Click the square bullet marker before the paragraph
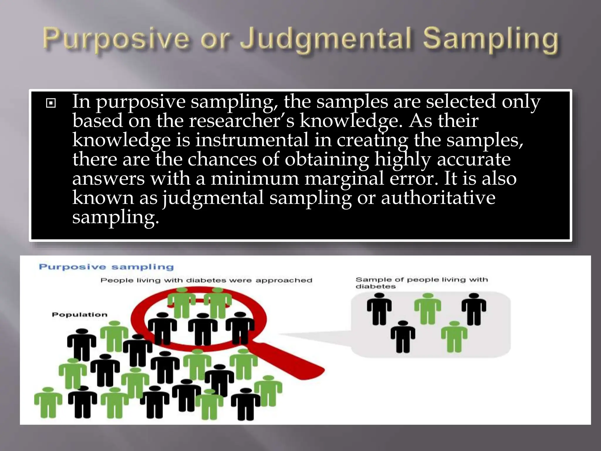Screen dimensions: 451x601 pyautogui.click(x=51, y=103)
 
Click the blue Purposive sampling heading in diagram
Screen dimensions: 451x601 pyautogui.click(x=106, y=267)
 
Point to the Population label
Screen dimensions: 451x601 pyautogui.click(x=80, y=315)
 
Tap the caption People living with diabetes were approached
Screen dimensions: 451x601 pyautogui.click(x=206, y=280)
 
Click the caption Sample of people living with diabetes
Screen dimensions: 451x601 pyautogui.click(x=421, y=283)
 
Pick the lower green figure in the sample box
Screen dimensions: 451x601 pyautogui.click(x=454, y=336)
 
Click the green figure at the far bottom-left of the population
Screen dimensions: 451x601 pyautogui.click(x=48, y=402)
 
